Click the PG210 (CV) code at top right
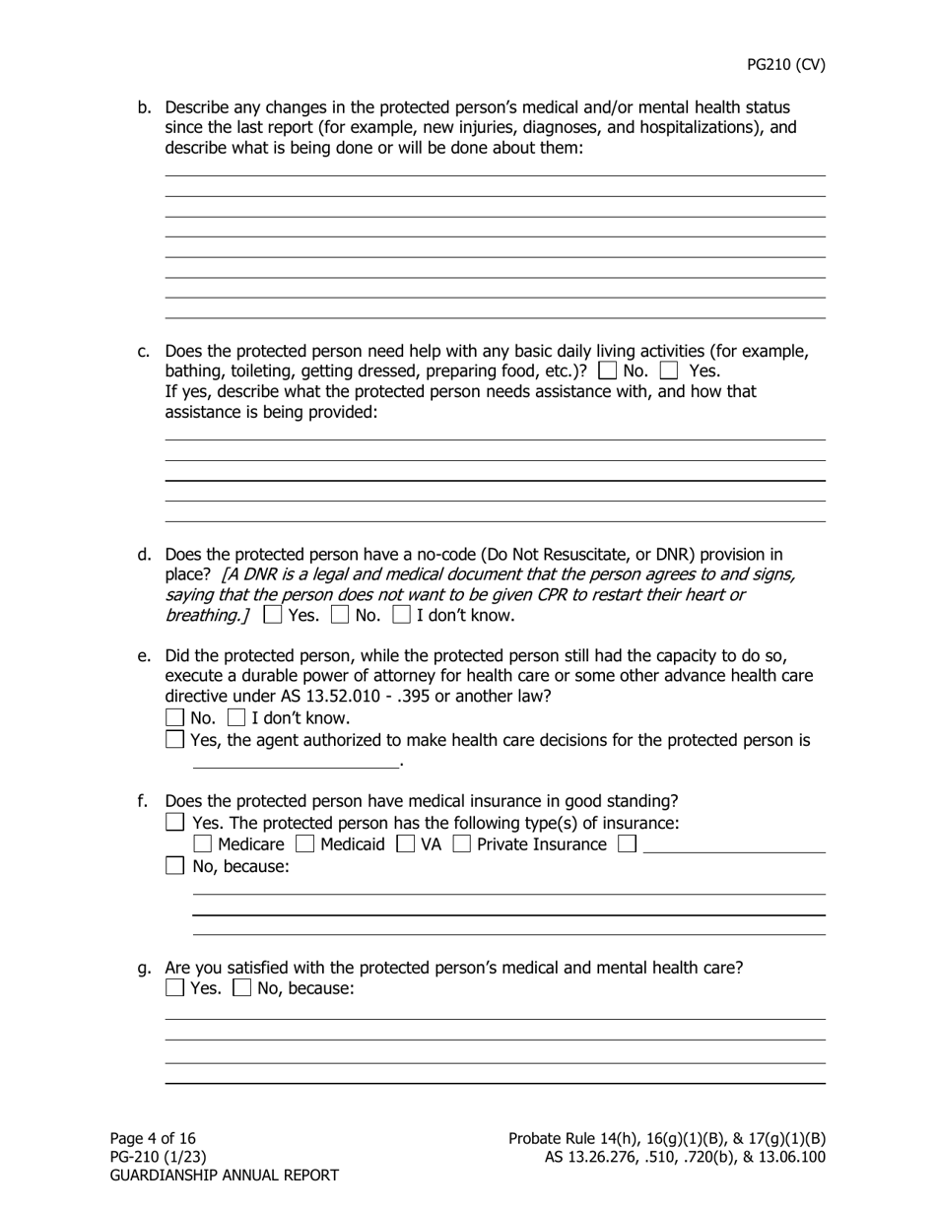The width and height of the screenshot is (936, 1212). (785, 65)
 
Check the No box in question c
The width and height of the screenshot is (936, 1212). (608, 371)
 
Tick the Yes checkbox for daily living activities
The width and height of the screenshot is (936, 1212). (669, 371)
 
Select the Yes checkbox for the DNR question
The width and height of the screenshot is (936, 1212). (273, 616)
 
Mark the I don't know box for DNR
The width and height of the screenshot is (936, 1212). (401, 616)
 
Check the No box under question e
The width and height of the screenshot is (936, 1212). (174, 717)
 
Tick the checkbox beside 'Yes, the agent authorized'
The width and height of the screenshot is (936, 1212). (174, 739)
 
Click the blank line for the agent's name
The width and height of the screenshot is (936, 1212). (296, 760)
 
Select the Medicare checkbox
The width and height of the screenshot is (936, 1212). (202, 844)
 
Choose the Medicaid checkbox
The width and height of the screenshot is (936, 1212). (305, 844)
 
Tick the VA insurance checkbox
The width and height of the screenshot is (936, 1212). (405, 844)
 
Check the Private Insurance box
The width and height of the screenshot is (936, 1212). (461, 844)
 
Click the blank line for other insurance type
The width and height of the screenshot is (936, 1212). (733, 845)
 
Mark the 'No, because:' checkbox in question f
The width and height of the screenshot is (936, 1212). (174, 866)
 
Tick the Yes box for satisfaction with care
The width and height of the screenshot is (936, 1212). (174, 987)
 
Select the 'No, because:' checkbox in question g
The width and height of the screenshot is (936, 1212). (241, 987)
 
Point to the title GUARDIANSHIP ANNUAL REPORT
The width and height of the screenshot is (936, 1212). (224, 1175)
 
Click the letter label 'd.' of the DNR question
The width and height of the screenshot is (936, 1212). (145, 555)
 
